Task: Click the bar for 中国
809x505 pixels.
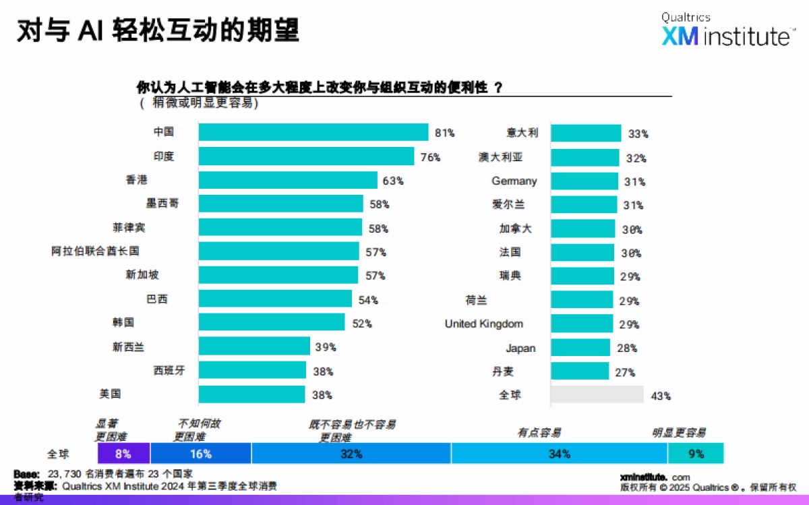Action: coord(313,132)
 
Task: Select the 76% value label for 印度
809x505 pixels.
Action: coord(430,157)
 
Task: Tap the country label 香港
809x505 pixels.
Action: coord(136,180)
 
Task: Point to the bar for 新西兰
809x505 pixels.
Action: coord(254,347)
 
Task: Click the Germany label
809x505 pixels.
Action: coord(514,181)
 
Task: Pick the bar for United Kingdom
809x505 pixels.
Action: coord(582,324)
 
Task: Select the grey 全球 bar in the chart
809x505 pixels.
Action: coord(597,395)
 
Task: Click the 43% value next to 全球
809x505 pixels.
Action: coord(661,396)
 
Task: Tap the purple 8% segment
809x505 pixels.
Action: coord(123,454)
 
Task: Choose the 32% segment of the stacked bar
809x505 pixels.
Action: coord(351,454)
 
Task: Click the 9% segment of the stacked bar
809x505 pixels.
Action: coord(696,454)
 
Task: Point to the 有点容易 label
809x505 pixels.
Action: coord(539,433)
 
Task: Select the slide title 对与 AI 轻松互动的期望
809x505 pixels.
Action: coord(158,31)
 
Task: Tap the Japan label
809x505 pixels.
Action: coord(520,348)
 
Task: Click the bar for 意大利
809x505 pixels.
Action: coord(586,133)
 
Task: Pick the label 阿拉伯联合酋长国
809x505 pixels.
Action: coord(95,251)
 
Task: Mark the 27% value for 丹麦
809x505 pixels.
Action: coord(625,372)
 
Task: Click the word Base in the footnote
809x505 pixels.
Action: coord(26,473)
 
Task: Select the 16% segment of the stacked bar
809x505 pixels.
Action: coord(201,454)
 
